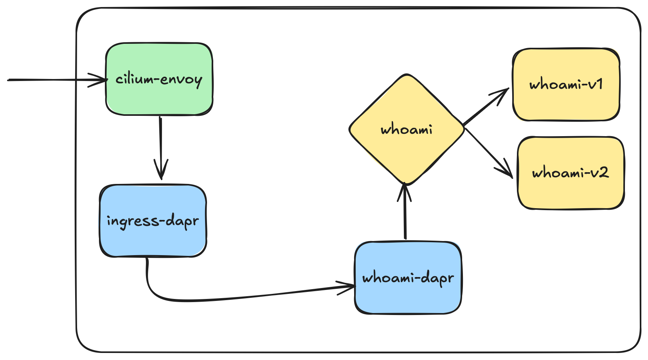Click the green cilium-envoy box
159,79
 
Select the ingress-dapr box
153,221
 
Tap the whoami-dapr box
408,277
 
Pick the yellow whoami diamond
407,130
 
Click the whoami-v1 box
566,84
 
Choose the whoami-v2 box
571,173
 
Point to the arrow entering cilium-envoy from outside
57,80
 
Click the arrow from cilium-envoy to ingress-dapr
160,148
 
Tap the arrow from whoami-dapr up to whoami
405,211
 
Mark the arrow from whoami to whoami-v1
486,107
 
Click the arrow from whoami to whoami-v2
489,153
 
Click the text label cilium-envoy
159,79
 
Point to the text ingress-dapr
153,221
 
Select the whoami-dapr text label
408,279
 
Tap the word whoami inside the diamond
407,130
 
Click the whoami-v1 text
566,84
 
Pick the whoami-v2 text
571,173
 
